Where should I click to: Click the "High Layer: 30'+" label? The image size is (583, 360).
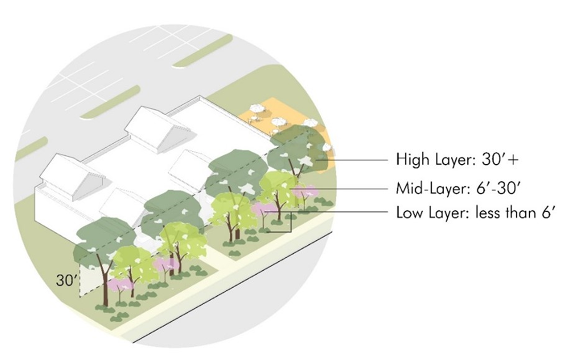pos(457,160)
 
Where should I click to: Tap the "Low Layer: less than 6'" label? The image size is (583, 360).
pos(475,212)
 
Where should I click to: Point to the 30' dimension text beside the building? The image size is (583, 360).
pos(67,281)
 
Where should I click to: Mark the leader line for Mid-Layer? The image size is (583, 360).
pos(351,188)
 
